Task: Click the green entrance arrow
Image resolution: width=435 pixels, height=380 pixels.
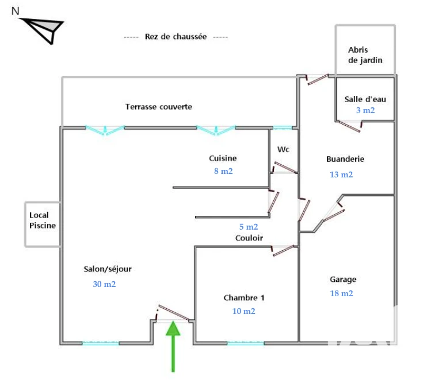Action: pyautogui.click(x=173, y=346)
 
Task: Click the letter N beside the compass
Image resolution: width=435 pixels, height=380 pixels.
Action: pyautogui.click(x=16, y=11)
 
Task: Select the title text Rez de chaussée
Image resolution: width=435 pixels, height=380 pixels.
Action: pyautogui.click(x=175, y=37)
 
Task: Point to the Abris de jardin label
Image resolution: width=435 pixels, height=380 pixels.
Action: pyautogui.click(x=365, y=55)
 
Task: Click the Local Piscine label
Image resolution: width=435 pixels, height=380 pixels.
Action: pyautogui.click(x=43, y=220)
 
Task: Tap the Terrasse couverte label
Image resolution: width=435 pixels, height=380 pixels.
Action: pyautogui.click(x=159, y=107)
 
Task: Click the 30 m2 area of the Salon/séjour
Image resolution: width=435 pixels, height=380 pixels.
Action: pyautogui.click(x=104, y=284)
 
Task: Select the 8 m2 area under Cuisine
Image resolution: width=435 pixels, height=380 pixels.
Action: pyautogui.click(x=223, y=171)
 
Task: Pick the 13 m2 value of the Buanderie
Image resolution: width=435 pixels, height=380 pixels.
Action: pyautogui.click(x=341, y=175)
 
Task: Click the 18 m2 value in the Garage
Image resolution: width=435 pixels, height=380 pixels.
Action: pyautogui.click(x=342, y=293)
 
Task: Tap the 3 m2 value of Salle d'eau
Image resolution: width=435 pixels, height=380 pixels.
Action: pyautogui.click(x=365, y=110)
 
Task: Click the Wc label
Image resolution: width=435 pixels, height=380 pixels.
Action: pyautogui.click(x=283, y=149)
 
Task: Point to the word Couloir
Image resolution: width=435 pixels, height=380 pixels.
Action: pyautogui.click(x=249, y=238)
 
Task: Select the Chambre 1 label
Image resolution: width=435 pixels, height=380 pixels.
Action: pyautogui.click(x=244, y=297)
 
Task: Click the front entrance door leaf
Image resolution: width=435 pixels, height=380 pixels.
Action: pyautogui.click(x=174, y=312)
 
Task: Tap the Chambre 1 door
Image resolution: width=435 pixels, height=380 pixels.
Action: pyautogui.click(x=283, y=250)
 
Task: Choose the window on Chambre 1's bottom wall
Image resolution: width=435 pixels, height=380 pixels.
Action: pyautogui.click(x=246, y=343)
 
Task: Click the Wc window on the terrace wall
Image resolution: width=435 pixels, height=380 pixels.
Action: pyautogui.click(x=283, y=127)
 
